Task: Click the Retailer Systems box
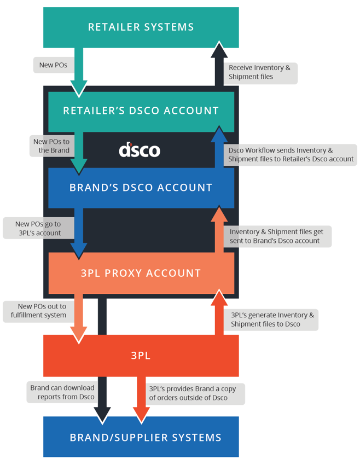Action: pos(141,27)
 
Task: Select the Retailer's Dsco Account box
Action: pos(141,111)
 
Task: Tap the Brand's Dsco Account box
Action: pos(141,187)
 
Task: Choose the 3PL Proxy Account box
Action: pos(141,273)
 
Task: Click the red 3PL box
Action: pos(141,355)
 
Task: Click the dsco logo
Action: pos(140,149)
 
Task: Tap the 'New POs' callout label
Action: pos(53,65)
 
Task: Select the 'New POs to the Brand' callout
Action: pos(51,146)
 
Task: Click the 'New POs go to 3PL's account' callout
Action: pos(38,228)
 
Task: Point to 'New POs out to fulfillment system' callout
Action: pos(38,310)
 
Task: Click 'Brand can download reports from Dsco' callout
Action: pos(62,392)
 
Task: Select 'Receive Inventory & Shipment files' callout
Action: pos(260,73)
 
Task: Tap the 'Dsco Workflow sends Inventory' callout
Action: pos(291,154)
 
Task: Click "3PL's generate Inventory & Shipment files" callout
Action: pos(272,319)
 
